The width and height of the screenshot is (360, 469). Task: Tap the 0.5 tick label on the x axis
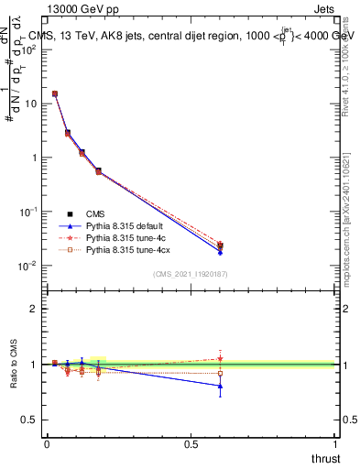coord(191,443)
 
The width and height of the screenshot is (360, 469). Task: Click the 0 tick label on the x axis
coord(47,443)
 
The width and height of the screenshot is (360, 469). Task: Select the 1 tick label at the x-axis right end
coord(335,443)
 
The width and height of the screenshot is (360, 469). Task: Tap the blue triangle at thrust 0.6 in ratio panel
coord(220,386)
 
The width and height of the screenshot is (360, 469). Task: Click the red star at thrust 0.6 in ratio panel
coord(220,358)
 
